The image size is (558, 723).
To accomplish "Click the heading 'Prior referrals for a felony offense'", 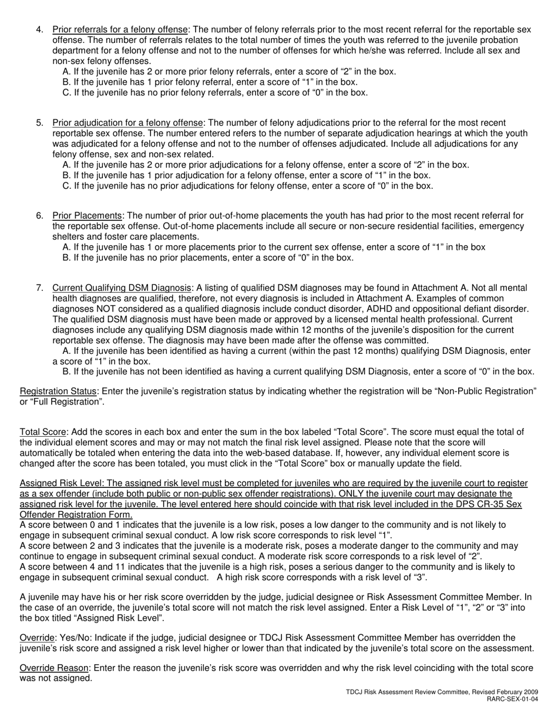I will pyautogui.click(x=120, y=29).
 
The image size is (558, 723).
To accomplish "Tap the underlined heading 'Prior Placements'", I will pyautogui.click(x=88, y=216).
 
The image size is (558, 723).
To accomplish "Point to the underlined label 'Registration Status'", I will pyautogui.click(x=58, y=391).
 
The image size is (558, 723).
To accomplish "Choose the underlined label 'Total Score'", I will pyautogui.click(x=43, y=433).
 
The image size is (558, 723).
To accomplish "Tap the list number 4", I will pyautogui.click(x=39, y=29).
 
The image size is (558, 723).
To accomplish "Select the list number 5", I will pyautogui.click(x=39, y=123).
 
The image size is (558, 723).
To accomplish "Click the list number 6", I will pyautogui.click(x=39, y=216).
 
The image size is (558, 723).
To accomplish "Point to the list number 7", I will pyautogui.click(x=39, y=288).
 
